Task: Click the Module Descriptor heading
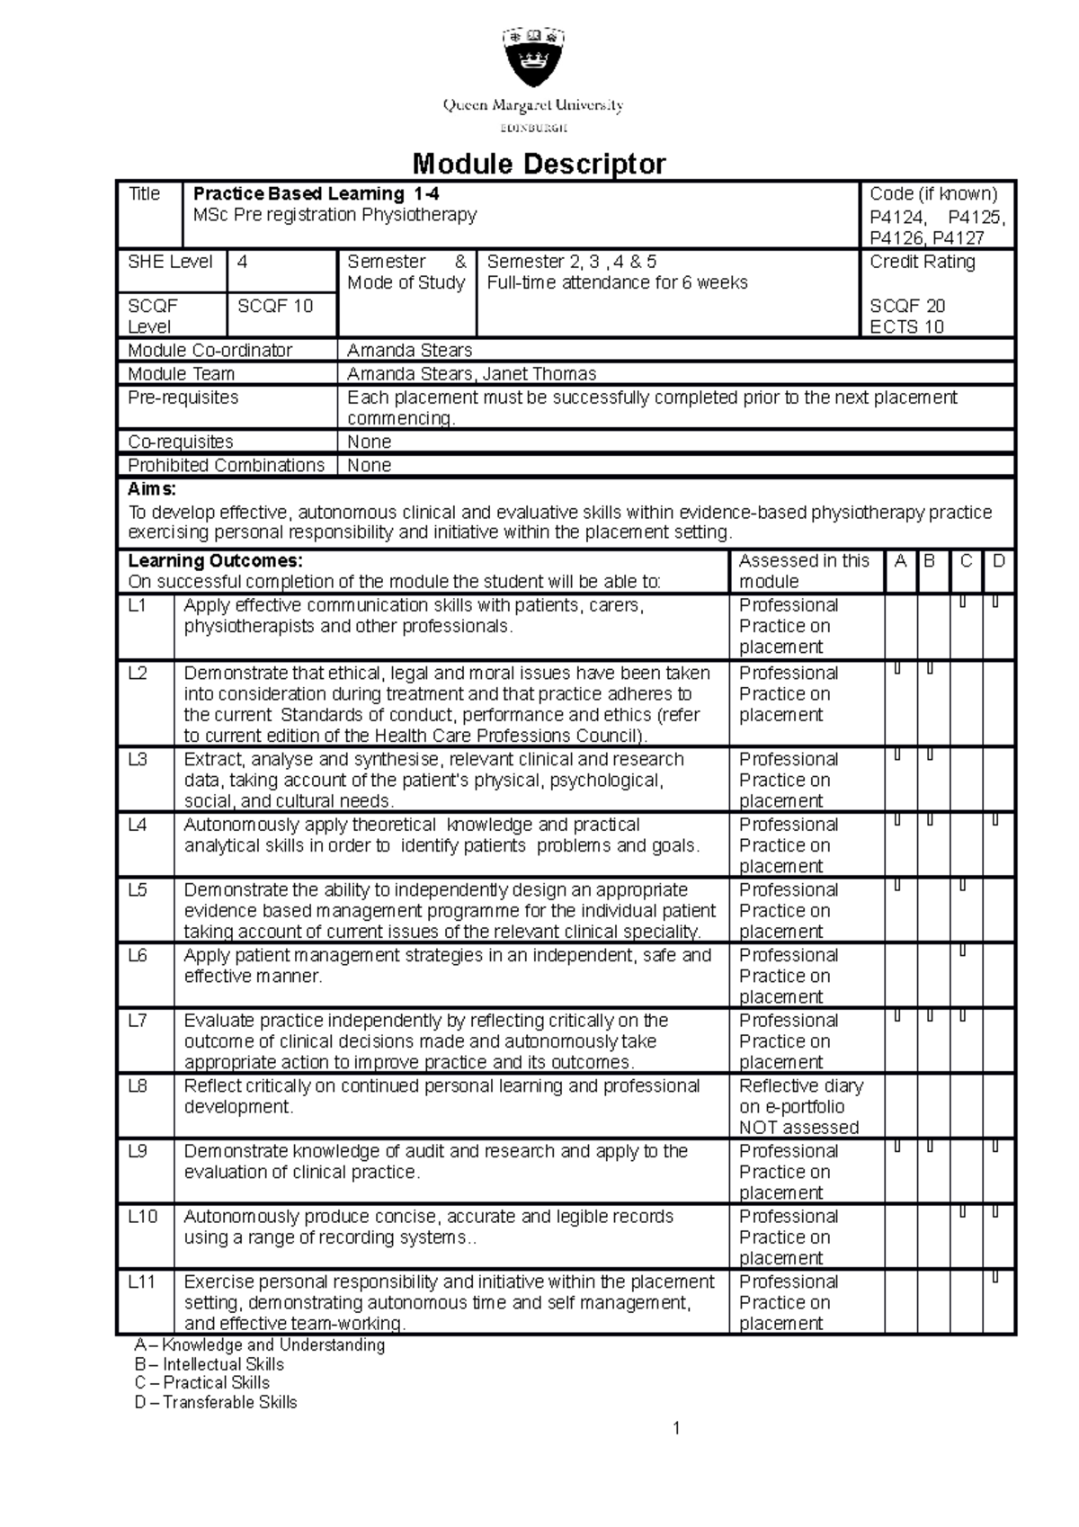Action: click(x=539, y=164)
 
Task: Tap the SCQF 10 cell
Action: click(x=275, y=306)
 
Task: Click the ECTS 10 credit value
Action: click(x=906, y=326)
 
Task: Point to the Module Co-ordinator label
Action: click(x=210, y=350)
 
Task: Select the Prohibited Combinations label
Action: click(x=226, y=465)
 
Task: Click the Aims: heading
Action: click(x=152, y=489)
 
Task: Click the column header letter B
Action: click(x=930, y=561)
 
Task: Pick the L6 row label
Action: click(x=138, y=955)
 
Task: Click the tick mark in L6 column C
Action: click(x=963, y=950)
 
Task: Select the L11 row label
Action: click(x=142, y=1281)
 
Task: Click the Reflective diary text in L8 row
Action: click(x=800, y=1085)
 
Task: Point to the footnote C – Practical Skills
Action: click(x=201, y=1382)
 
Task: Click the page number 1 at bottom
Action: click(x=677, y=1428)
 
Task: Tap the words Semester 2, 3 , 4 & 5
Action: click(x=572, y=262)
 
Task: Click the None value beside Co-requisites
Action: click(x=369, y=442)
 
